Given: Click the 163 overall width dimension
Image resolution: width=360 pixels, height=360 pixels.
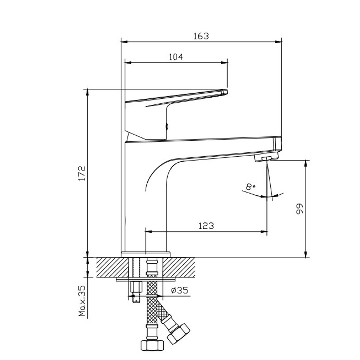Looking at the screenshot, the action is click(201, 36).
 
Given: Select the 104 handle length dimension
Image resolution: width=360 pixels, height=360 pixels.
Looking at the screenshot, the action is click(176, 57).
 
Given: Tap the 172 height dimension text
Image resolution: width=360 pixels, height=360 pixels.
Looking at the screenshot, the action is click(82, 173).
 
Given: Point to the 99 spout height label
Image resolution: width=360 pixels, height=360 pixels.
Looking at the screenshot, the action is click(300, 209).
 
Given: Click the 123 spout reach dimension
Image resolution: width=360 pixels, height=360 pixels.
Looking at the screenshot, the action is click(206, 226).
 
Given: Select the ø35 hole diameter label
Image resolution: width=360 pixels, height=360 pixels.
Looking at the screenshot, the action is click(179, 290).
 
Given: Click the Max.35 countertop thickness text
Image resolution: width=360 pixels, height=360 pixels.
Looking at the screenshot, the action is click(82, 301).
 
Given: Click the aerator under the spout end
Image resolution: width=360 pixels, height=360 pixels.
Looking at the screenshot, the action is click(266, 158).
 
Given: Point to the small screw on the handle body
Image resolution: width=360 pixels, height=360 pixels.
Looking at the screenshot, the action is click(167, 127).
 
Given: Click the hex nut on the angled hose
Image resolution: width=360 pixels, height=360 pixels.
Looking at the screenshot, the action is click(178, 332).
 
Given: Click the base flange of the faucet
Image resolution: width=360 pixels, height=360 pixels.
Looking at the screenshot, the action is click(145, 254).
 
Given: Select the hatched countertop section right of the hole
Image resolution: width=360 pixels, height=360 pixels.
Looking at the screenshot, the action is click(179, 267).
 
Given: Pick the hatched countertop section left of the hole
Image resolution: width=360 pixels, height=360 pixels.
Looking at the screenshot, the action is click(112, 267).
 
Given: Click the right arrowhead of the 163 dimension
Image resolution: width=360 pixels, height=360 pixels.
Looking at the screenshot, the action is click(279, 42).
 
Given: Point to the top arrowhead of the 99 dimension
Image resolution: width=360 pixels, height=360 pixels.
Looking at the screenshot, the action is click(306, 163).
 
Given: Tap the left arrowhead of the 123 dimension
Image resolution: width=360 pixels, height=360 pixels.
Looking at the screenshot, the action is click(148, 232).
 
